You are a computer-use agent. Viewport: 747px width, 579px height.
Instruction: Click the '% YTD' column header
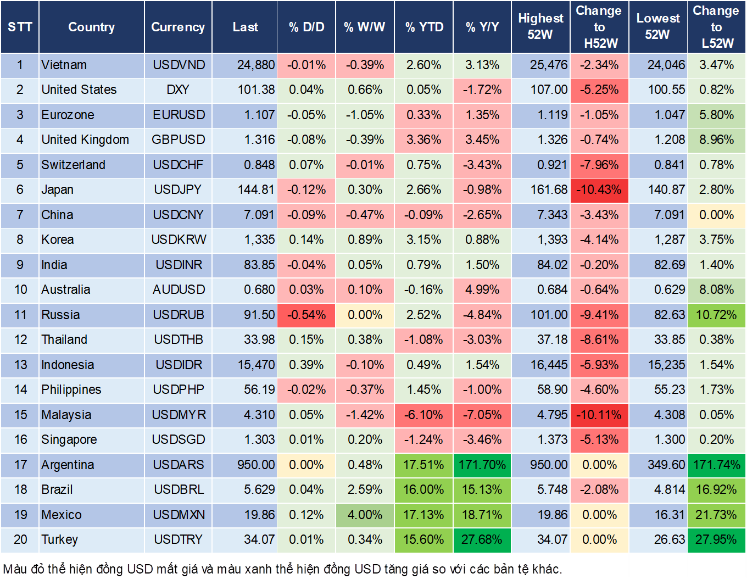tap(424, 27)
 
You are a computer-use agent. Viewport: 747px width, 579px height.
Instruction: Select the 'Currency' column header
tap(178, 27)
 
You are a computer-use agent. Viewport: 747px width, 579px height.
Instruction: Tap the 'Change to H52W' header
tap(599, 27)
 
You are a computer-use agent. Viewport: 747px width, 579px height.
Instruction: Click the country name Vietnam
tap(64, 65)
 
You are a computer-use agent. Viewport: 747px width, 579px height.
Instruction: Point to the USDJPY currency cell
tap(179, 190)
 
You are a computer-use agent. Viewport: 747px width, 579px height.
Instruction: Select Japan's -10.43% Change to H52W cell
tap(599, 190)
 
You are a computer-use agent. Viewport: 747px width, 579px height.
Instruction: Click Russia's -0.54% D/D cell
tap(306, 315)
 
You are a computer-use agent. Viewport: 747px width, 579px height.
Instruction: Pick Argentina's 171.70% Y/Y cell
tap(482, 465)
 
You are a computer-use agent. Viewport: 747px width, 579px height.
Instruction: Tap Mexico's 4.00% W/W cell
tap(365, 515)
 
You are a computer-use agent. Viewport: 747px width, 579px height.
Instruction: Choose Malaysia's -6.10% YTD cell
tap(424, 415)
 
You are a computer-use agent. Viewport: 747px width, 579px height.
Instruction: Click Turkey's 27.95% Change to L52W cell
tap(716, 539)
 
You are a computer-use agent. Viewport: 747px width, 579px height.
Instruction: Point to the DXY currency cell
tap(179, 90)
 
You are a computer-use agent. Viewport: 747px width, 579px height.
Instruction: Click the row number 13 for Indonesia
tap(20, 365)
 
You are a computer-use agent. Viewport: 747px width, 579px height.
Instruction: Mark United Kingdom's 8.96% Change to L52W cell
tap(716, 140)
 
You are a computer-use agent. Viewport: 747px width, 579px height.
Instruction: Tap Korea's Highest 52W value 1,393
tap(552, 240)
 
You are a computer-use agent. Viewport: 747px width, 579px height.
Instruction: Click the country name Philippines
tap(71, 389)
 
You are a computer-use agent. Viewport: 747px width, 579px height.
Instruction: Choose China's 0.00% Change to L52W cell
tap(716, 215)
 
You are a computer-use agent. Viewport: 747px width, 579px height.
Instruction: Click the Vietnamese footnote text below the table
tap(283, 569)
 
